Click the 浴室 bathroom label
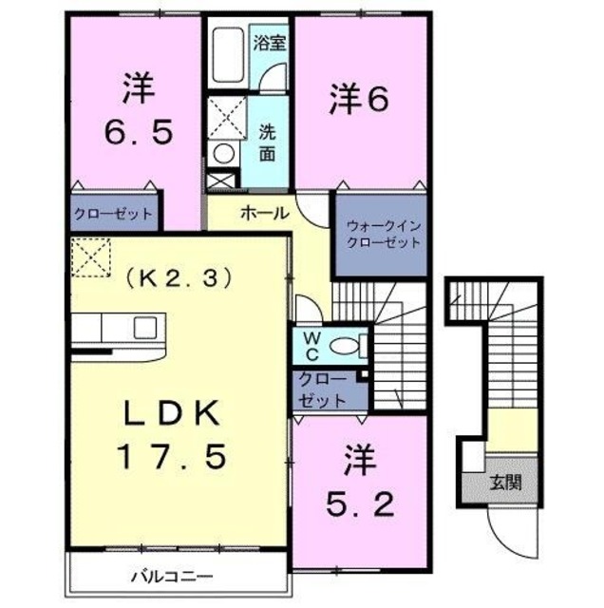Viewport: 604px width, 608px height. tap(271, 42)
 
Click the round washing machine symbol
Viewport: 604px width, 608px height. tap(224, 152)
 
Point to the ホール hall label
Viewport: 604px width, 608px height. tap(265, 213)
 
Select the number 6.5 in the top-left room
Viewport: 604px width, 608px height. tap(138, 130)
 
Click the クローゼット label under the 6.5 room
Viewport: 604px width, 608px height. tap(113, 214)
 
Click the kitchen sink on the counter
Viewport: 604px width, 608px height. tap(144, 328)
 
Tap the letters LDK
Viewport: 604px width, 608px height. tap(172, 414)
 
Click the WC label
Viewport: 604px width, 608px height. tap(310, 346)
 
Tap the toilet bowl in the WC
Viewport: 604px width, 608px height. tap(350, 345)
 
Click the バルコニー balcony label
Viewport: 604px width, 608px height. tap(172, 576)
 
